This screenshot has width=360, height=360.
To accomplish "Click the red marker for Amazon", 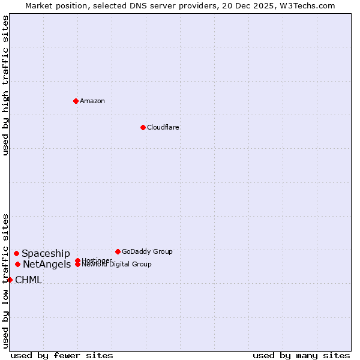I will [76, 101].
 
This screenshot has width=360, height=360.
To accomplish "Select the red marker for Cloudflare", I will [143, 127].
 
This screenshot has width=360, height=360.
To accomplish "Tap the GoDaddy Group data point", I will [118, 251].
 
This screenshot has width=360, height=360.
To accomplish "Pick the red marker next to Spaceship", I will [16, 253].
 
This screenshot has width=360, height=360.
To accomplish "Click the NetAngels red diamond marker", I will [17, 264].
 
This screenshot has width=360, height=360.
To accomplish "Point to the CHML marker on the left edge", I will [10, 280].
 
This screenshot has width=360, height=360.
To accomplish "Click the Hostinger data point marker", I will [77, 260].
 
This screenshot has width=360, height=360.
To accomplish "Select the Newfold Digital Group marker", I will [77, 265].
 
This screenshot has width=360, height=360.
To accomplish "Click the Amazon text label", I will [92, 101].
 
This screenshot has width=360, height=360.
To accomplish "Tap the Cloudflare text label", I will [163, 127].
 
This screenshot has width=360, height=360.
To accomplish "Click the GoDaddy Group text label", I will [147, 251].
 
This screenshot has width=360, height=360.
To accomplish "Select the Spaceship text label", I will [46, 254].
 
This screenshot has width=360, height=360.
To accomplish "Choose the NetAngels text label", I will [47, 265].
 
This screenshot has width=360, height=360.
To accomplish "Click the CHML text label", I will [28, 280].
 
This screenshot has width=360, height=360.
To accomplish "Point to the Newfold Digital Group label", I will [116, 265].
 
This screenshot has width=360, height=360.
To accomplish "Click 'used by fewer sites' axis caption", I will [62, 355].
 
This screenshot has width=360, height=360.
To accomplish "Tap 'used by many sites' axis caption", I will [301, 355].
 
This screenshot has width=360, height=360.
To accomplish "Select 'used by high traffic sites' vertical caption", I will [5, 85].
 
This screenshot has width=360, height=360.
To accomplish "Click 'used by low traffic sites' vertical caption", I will [5, 280].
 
